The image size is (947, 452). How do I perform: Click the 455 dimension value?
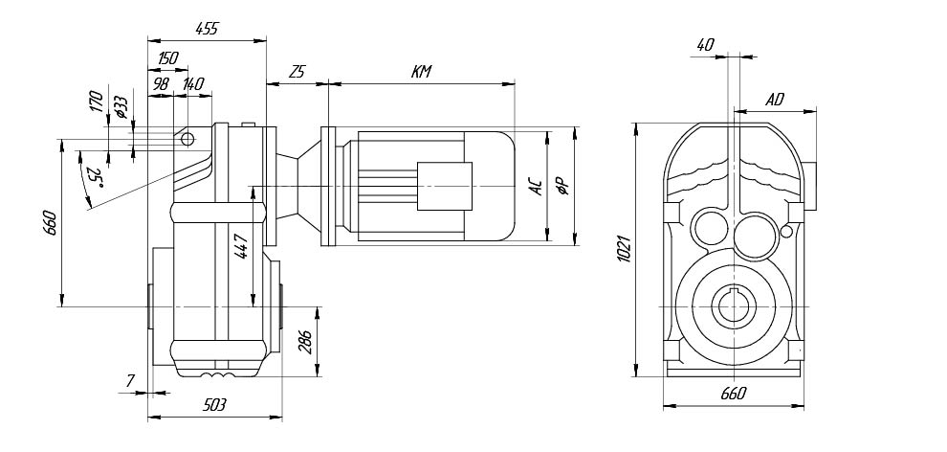(x=207, y=29)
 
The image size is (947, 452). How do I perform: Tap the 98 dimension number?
(x=160, y=84)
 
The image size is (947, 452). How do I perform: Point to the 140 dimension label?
(x=193, y=84)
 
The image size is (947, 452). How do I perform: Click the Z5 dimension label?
(x=297, y=73)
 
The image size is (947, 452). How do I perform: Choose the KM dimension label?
(x=421, y=73)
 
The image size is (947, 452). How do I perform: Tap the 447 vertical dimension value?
(x=242, y=247)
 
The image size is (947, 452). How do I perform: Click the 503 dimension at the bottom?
(x=214, y=406)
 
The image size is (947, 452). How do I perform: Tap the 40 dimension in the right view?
(x=706, y=44)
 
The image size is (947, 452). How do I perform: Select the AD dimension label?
(x=775, y=100)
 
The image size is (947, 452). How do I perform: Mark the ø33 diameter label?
(x=120, y=107)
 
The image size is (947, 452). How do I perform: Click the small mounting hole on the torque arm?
(x=187, y=140)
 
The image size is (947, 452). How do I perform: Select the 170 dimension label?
(x=95, y=102)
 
